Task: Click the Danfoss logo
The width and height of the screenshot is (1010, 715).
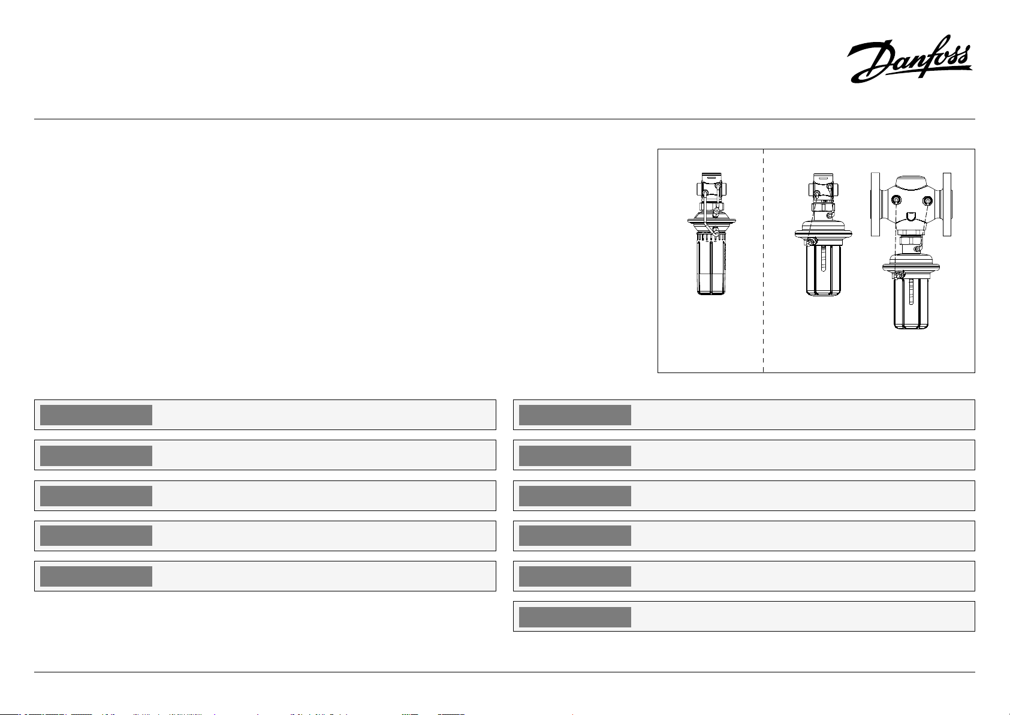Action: [909, 59]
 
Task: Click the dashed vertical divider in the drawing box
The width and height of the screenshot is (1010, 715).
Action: [764, 261]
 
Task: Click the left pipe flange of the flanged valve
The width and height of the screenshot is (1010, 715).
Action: [875, 204]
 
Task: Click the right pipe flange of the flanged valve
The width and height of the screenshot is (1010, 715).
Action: [947, 204]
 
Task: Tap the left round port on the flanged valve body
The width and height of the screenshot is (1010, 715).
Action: [896, 200]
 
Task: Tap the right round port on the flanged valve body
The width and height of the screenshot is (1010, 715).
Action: [927, 200]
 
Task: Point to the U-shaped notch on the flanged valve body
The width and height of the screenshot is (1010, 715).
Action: [911, 217]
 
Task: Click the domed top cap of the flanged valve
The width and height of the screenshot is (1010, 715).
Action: [911, 181]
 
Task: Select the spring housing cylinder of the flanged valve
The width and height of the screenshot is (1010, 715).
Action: [911, 303]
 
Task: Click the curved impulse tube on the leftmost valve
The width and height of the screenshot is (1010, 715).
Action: [705, 217]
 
